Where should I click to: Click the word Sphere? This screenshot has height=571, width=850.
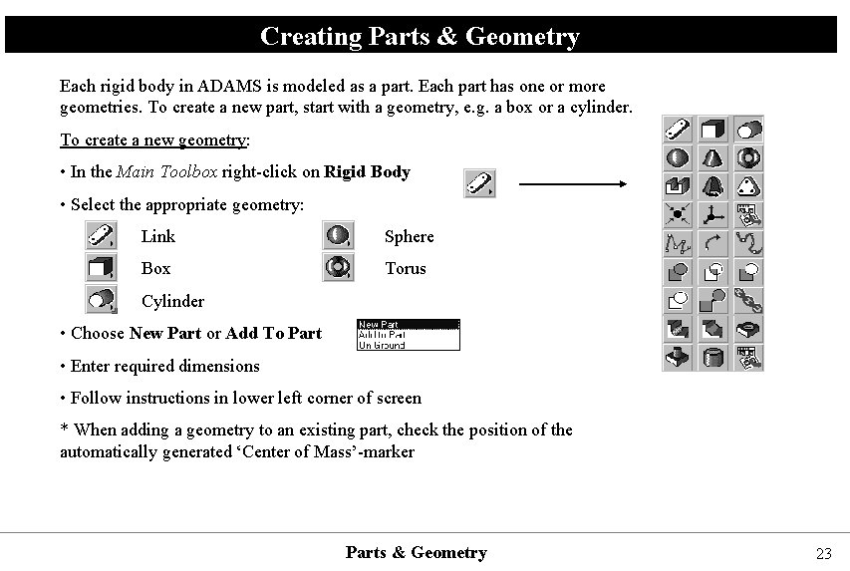pyautogui.click(x=410, y=236)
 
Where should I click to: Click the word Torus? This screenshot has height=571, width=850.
pyautogui.click(x=406, y=268)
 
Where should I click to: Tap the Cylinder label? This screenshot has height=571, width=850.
pyautogui.click(x=172, y=301)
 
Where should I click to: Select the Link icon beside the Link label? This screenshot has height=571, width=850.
pyautogui.click(x=101, y=236)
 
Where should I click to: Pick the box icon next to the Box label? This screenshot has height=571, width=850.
pyautogui.click(x=101, y=268)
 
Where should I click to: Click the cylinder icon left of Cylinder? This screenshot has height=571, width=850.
pyautogui.click(x=101, y=300)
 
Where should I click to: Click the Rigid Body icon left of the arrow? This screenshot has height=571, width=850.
pyautogui.click(x=480, y=183)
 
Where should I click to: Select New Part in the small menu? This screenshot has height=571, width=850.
pyautogui.click(x=379, y=324)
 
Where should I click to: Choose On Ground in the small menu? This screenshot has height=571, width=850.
pyautogui.click(x=382, y=346)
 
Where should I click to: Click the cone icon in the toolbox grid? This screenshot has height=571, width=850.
pyautogui.click(x=712, y=157)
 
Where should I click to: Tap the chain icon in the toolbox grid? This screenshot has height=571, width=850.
pyautogui.click(x=748, y=298)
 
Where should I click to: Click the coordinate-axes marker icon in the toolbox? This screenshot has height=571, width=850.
pyautogui.click(x=712, y=213)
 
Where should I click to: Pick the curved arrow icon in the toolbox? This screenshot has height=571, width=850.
pyautogui.click(x=712, y=242)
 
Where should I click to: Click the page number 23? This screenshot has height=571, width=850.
pyautogui.click(x=823, y=554)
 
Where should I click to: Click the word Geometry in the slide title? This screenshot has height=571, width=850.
pyautogui.click(x=522, y=37)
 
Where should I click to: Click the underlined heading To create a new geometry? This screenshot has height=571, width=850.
pyautogui.click(x=153, y=140)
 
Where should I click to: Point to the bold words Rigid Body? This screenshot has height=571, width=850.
pyautogui.click(x=367, y=171)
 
